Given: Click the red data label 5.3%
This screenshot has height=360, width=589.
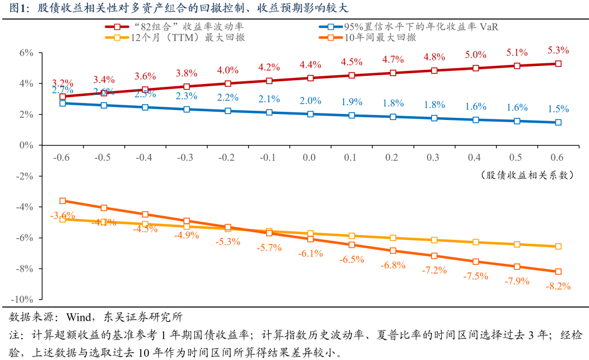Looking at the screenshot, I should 558,50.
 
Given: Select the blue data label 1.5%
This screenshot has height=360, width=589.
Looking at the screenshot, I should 558,108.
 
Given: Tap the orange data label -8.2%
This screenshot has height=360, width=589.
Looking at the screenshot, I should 558,286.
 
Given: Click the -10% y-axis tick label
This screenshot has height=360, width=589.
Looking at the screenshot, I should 23,299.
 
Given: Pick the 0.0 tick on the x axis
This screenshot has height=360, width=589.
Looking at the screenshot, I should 309,157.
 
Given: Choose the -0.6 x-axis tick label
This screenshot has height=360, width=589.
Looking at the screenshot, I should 62,157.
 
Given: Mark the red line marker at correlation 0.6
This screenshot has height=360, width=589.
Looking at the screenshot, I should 558,64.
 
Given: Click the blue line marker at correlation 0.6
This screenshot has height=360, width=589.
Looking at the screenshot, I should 558,123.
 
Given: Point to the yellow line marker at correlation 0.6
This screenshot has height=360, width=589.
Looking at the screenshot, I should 558,247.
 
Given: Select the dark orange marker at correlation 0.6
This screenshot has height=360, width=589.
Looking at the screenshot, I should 558,272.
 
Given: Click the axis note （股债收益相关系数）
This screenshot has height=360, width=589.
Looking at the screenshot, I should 528,175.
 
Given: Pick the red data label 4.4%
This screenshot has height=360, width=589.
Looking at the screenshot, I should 310,65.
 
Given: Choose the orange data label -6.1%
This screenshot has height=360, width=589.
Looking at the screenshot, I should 310,254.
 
